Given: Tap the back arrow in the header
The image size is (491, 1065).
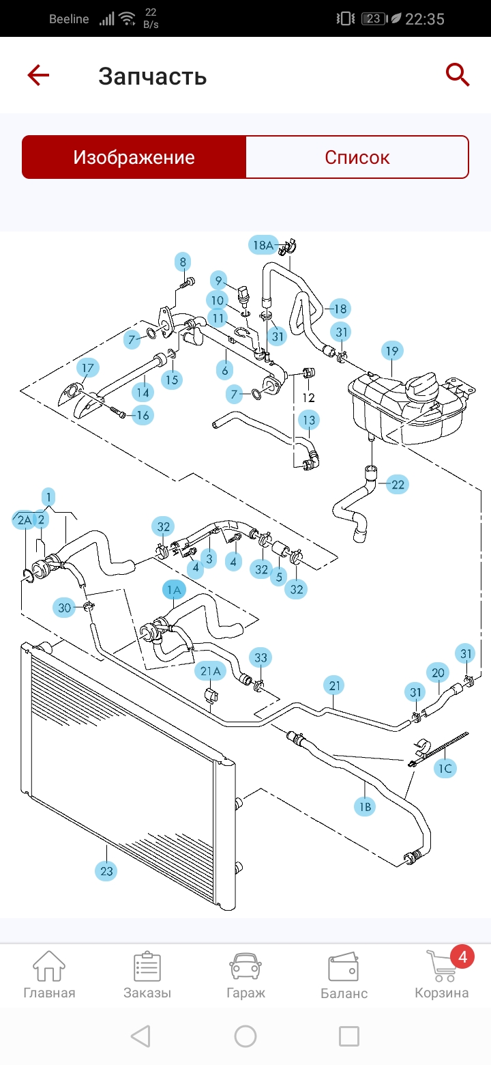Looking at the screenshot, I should coord(39,74).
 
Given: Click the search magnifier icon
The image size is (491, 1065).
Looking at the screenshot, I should coord(458,74).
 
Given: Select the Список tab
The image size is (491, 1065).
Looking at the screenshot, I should coord(357,158).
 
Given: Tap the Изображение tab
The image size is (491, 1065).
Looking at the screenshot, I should coord(134,158).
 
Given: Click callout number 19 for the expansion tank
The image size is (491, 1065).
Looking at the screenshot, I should coord(392,352).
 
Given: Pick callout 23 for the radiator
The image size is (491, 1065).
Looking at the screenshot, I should coord(107,871).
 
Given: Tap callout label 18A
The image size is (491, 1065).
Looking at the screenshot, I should coord(263,245).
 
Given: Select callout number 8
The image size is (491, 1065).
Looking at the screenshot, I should coord(182,261).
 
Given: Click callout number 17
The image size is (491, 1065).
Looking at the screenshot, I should coord(87,369).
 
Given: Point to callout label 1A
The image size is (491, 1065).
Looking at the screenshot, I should coord(174,589).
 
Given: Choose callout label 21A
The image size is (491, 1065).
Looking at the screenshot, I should coord(210,671).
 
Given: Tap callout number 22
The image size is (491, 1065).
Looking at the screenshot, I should coord(398,485).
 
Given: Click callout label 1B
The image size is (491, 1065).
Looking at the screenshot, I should coord(365,806).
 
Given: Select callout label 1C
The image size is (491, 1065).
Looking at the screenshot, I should coord(445,769).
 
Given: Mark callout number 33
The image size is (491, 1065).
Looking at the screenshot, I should coord(261,658).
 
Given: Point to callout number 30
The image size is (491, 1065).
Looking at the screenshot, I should coord(65,608).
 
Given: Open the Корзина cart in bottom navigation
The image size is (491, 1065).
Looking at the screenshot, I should coord(442,974).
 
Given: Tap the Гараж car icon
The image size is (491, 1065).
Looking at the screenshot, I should coord(245,974).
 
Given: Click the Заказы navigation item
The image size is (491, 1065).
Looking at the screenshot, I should coord(147,974).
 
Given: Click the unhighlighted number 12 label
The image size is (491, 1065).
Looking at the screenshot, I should coord(308,397).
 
